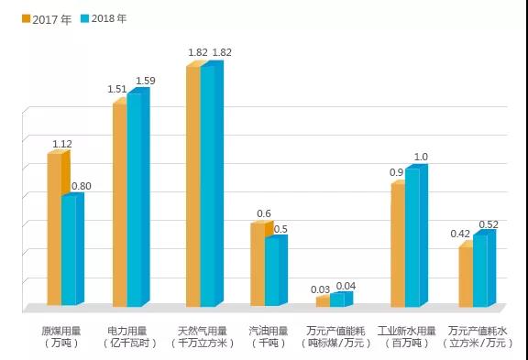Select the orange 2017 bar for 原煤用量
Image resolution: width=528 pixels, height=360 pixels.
point(54,229)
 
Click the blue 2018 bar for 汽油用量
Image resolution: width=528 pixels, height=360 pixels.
point(273,272)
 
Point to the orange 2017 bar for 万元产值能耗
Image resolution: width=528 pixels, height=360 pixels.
point(323,300)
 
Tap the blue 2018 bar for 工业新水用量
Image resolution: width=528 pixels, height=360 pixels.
point(412,237)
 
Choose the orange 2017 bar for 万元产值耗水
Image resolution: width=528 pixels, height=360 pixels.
point(466,276)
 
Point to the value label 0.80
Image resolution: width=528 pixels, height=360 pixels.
point(81,186)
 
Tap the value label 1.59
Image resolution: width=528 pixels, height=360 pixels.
point(145,81)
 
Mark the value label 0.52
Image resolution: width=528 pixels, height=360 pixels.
point(489,224)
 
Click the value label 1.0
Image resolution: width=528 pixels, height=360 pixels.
point(421,158)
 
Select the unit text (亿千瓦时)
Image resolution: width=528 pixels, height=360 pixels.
point(128,343)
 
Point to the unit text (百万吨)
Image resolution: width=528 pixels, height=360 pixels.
point(404,343)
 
